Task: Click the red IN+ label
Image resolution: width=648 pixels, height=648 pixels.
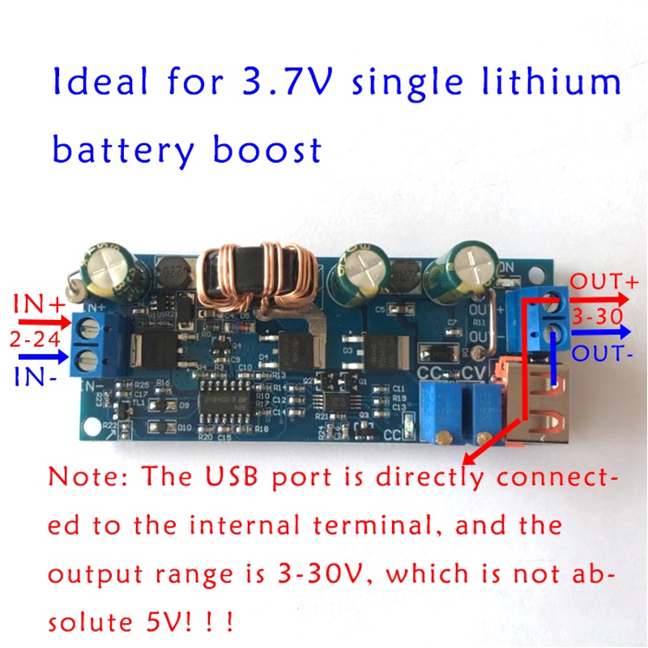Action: [36, 305]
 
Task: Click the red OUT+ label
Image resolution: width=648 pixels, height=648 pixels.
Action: [604, 283]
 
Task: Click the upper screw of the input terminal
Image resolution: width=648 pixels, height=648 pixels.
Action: [92, 327]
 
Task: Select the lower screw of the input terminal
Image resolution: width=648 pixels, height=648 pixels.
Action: [92, 360]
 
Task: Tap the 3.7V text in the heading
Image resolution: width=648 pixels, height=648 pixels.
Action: [292, 83]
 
